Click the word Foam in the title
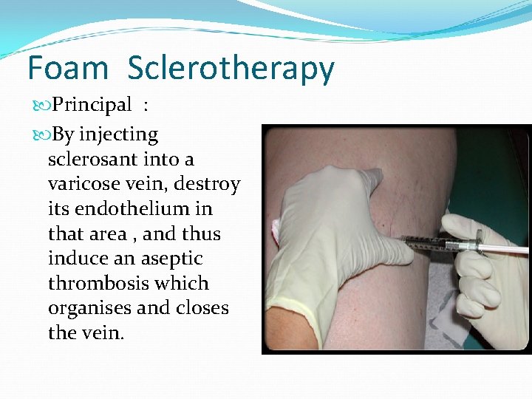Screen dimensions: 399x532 [67, 68]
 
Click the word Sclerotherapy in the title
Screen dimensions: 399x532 [231, 69]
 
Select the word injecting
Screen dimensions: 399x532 [118, 135]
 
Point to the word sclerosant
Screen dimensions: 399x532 [89, 160]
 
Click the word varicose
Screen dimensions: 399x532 [82, 184]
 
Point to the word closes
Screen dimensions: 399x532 [202, 308]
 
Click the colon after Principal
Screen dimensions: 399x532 [147, 106]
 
